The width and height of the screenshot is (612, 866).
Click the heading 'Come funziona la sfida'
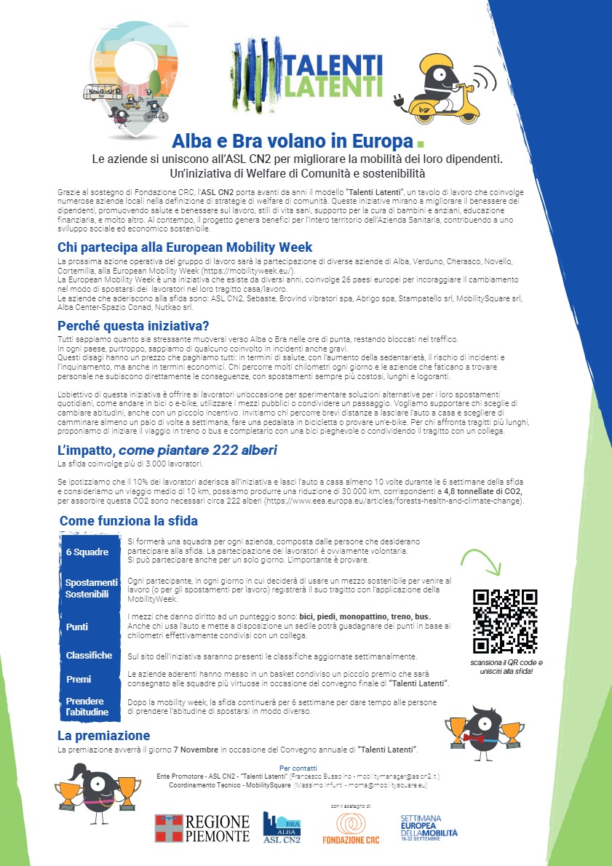pos(128,521)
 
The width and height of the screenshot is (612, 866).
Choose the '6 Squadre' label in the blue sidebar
pos(86,552)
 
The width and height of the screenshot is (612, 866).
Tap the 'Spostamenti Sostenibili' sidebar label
pos(91,589)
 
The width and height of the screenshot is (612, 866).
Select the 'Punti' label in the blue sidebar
pos(76,627)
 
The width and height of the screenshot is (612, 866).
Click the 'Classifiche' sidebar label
pos(89,655)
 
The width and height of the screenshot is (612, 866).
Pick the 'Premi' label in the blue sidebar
pos(79,679)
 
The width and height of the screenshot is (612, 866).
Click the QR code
pos(505,621)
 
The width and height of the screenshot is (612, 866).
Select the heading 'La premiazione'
pos(103,736)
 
